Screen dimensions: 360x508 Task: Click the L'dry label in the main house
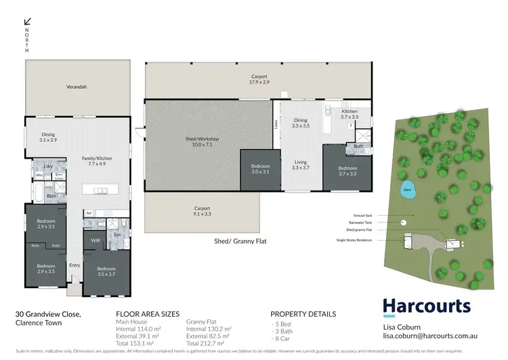click(48, 166)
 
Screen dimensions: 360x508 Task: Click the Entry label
click(75, 265)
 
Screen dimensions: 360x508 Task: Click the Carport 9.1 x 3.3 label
click(203, 212)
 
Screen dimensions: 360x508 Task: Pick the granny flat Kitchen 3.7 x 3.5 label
click(349, 114)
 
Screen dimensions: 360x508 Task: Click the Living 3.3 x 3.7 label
click(300, 165)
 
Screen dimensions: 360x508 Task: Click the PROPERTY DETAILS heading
click(303, 314)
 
